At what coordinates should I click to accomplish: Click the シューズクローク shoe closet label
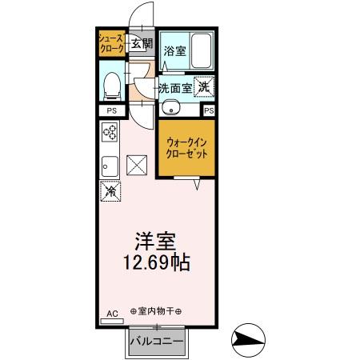pyautogui.click(x=111, y=43)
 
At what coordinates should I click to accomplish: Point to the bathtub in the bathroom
pyautogui.click(x=201, y=50)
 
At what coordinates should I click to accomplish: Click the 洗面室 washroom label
pyautogui.click(x=174, y=87)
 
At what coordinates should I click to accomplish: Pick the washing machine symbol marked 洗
pyautogui.click(x=205, y=86)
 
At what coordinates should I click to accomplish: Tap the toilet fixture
pyautogui.click(x=112, y=82)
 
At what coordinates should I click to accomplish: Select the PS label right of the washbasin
pyautogui.click(x=210, y=111)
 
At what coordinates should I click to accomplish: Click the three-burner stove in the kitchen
pyautogui.click(x=110, y=134)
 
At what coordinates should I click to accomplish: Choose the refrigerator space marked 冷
pyautogui.click(x=109, y=191)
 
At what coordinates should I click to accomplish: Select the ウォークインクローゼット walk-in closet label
pyautogui.click(x=186, y=147)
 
